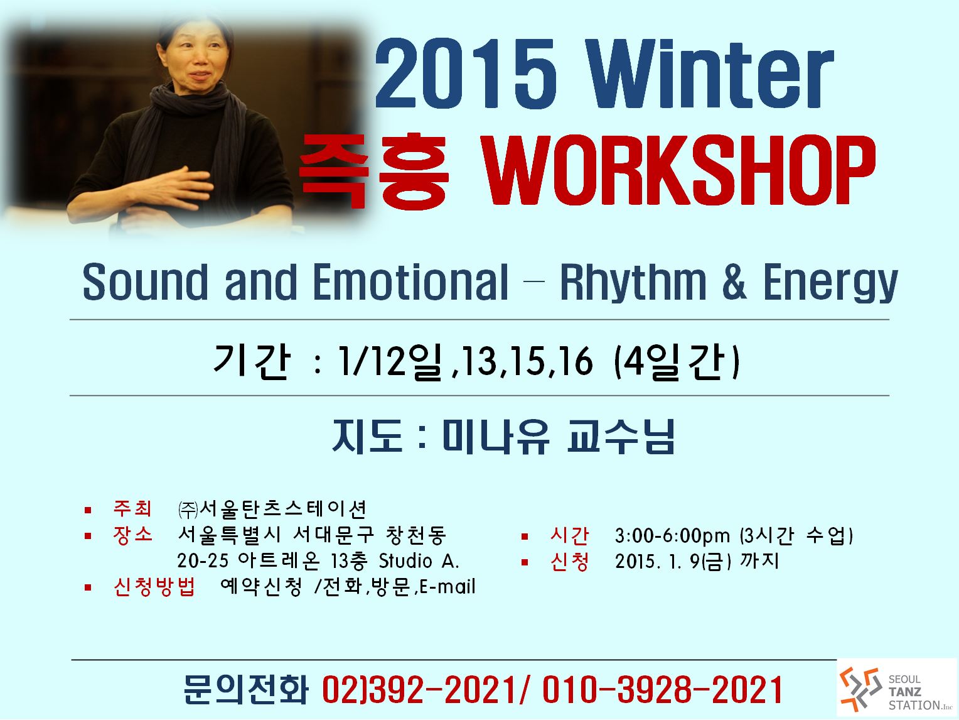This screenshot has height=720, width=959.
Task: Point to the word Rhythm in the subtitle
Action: pos(633,282)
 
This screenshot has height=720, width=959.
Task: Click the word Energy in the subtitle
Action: pos(830,283)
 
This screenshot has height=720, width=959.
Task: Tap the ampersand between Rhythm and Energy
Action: pos(734,283)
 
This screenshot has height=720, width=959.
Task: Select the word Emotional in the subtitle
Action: pos(410,282)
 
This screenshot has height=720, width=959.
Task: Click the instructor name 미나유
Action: pos(495,436)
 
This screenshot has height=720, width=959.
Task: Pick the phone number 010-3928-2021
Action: pos(662,690)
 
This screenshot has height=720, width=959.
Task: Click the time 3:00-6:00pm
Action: pos(672,535)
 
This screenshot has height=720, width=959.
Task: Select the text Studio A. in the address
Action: pos(419,561)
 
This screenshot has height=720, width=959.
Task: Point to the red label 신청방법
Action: pos(154,587)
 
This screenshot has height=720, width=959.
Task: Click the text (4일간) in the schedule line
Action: pos(677,361)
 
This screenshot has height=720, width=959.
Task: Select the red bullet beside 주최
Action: pos(88,510)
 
